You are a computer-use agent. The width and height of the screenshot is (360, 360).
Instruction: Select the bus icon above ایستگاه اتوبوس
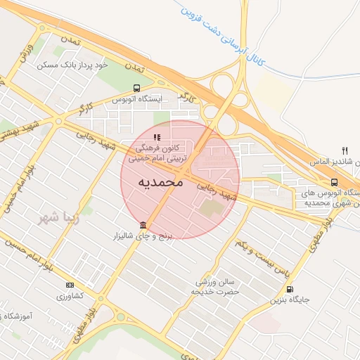(136, 89)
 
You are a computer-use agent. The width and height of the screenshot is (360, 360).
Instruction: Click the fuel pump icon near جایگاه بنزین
(290, 289)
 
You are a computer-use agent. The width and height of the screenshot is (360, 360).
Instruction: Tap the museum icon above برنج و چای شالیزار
(143, 225)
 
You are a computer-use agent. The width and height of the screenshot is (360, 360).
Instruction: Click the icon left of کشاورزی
(69, 285)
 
